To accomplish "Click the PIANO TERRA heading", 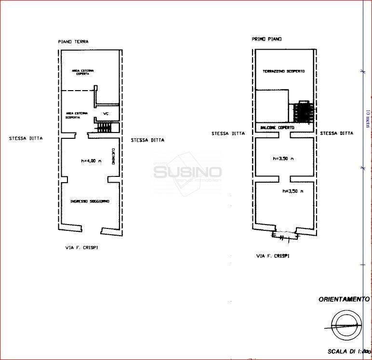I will [x=73, y=42].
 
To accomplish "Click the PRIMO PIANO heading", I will [x=266, y=39].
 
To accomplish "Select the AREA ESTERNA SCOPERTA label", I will [x=77, y=115].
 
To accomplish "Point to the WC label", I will [x=106, y=114].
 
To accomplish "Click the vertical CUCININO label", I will [x=112, y=156].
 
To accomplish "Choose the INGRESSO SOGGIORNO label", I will [x=90, y=201].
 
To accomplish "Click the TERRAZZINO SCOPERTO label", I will [x=283, y=71].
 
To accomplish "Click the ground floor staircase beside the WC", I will [x=106, y=127].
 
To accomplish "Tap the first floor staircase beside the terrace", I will [x=302, y=112].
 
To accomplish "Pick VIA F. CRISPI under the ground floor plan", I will [x=84, y=247].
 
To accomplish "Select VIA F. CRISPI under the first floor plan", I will [x=273, y=256].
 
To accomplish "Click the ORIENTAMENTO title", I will [x=344, y=299].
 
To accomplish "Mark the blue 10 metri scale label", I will [x=367, y=118].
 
